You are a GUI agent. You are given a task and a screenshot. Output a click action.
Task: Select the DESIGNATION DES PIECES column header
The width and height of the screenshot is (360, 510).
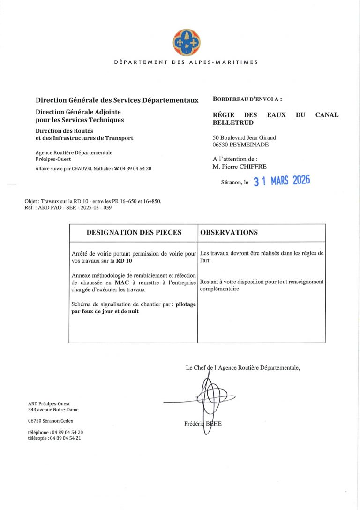click(134, 232)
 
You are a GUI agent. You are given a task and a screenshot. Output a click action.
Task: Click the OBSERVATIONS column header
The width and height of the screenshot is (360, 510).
click(229, 232)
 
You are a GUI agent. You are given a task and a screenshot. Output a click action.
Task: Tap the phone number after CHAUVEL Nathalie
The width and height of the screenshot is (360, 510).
click(136, 168)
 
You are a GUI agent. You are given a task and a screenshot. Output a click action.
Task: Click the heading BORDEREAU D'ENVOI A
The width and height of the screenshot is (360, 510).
click(247, 99)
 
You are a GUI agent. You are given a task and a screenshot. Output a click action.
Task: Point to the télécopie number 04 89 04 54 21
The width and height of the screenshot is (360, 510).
click(66, 438)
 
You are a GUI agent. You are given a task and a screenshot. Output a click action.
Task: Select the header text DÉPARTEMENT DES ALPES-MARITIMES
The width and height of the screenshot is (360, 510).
click(186, 62)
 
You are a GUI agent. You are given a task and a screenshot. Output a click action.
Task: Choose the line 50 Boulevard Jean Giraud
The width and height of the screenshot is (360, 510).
click(244, 137)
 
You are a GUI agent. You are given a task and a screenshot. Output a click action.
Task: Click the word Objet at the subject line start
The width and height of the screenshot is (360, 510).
click(32, 201)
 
